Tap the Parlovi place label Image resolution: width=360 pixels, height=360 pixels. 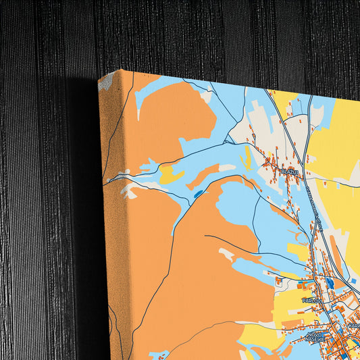coord(311,299)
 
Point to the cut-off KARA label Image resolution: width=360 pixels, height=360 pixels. coord(354,325)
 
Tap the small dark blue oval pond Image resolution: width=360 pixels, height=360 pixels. coord(197,195)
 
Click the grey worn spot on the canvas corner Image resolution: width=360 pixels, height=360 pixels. coord(105,83)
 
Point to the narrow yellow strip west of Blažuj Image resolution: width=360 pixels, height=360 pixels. coord(248,157)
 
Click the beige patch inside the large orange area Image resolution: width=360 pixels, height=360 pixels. coord(226,255)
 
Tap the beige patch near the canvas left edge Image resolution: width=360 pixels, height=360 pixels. coord(128,192)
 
